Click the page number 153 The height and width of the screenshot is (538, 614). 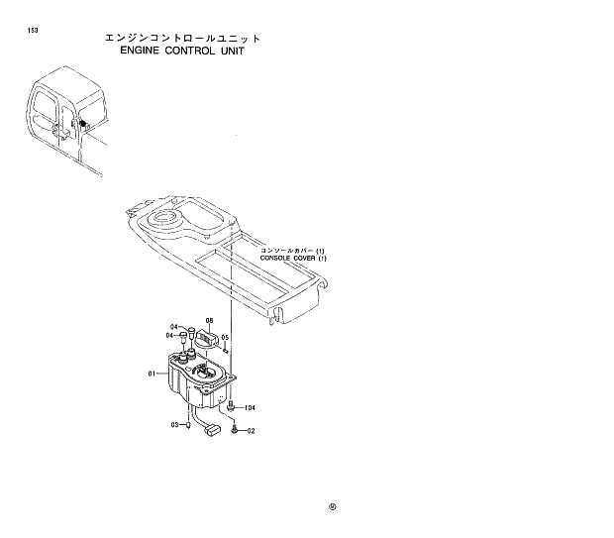[x=33, y=30]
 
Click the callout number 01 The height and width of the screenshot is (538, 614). [x=153, y=374]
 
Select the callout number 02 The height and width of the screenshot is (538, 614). [x=251, y=431]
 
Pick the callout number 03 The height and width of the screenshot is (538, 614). [x=174, y=424]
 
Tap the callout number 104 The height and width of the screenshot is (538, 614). [x=250, y=407]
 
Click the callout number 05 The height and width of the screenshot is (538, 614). [x=225, y=337]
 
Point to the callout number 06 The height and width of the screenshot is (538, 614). [x=210, y=320]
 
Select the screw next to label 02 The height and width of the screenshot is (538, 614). [x=234, y=429]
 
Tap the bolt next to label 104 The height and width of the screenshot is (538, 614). [x=231, y=406]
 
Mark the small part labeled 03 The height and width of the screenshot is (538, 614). [x=187, y=426]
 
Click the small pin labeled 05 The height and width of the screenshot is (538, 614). [x=228, y=348]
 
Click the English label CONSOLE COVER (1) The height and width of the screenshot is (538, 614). [x=293, y=258]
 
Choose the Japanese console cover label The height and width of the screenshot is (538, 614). [x=293, y=251]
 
